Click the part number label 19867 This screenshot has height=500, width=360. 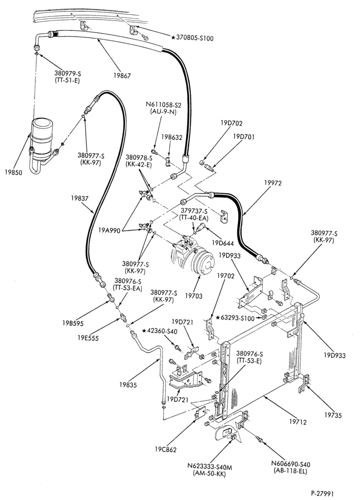tap(121, 76)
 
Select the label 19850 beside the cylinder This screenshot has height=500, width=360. tap(13, 172)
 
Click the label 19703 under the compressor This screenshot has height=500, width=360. tap(193, 296)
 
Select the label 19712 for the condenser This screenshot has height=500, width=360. tap(297, 422)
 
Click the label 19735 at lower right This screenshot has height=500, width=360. tap(333, 415)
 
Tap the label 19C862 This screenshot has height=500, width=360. tap(165, 449)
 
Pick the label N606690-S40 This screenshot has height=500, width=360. tap(290, 464)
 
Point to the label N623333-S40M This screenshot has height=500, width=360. tap(209, 467)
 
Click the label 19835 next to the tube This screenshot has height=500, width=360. tap(128, 385)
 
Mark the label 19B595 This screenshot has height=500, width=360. tap(72, 323)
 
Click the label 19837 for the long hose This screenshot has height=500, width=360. tap(79, 198)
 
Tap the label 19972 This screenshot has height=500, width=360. tap(273, 183)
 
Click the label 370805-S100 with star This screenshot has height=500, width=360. tap(192, 38)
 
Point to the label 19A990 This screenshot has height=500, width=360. tap(109, 230)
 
